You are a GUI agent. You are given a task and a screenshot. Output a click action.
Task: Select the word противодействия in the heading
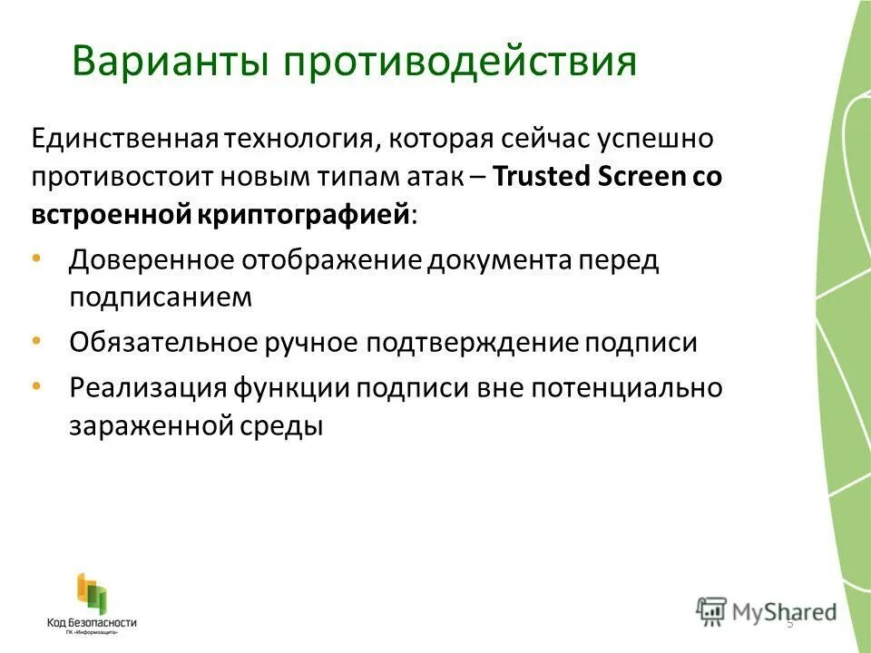tap(460, 62)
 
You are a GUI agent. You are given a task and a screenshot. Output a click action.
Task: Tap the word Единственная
tap(127, 140)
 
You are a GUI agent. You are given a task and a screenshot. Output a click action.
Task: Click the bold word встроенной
tap(111, 215)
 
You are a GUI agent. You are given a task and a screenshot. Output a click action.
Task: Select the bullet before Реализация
tap(35, 386)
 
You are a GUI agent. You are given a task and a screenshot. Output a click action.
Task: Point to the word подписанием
tap(160, 297)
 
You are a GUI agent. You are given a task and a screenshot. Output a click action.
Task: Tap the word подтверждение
tap(472, 343)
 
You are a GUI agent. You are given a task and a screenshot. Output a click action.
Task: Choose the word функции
tap(290, 388)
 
